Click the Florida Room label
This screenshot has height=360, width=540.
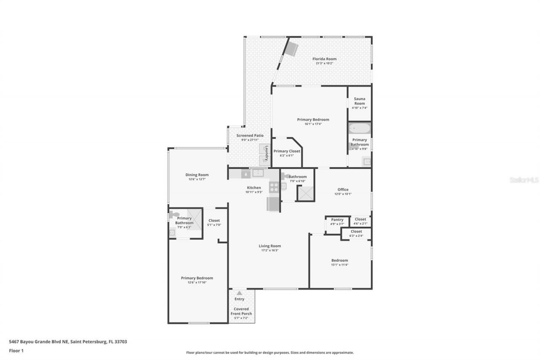click(324, 59)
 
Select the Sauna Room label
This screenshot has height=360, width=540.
click(359, 101)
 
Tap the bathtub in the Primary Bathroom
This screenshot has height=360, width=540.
click(359, 128)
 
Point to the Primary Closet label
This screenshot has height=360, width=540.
click(286, 151)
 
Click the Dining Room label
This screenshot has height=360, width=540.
click(197, 175)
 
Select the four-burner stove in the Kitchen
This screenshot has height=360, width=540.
click(274, 187)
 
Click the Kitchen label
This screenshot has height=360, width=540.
click(254, 188)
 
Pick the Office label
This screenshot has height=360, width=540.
click(343, 189)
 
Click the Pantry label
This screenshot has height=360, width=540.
click(337, 219)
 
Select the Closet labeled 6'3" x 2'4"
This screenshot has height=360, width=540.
click(356, 232)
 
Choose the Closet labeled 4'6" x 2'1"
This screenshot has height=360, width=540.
click(360, 219)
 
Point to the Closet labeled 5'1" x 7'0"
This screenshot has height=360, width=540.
click(214, 221)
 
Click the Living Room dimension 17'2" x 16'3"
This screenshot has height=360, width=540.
click(270, 250)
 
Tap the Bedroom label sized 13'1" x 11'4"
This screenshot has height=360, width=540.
click(339, 260)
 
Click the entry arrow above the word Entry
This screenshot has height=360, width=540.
click(239, 293)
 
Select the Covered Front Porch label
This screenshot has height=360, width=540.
click(241, 311)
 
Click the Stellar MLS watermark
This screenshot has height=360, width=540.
click(524, 180)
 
